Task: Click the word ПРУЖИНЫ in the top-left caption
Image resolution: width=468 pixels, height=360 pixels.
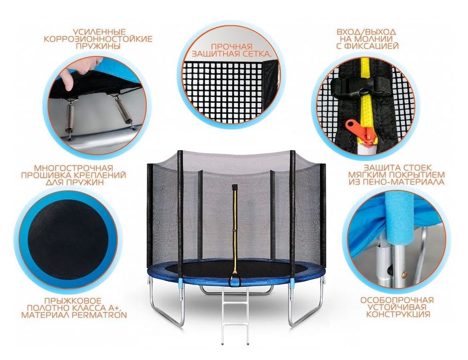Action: tap(98, 46)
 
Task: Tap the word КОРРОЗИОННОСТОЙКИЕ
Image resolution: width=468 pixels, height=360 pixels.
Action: tap(98, 39)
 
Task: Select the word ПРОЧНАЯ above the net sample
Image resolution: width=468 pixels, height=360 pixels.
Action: tap(232, 47)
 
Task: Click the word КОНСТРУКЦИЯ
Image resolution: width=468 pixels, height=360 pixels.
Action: tap(398, 315)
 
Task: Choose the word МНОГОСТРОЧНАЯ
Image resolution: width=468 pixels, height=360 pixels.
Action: tap(74, 168)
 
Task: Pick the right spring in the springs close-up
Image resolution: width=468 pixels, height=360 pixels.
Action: tap(125, 110)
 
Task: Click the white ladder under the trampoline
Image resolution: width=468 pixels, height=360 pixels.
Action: tap(235, 313)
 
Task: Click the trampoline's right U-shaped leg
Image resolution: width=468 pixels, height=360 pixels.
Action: tap(306, 301)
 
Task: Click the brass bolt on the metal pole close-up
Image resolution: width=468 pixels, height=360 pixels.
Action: tap(404, 273)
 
